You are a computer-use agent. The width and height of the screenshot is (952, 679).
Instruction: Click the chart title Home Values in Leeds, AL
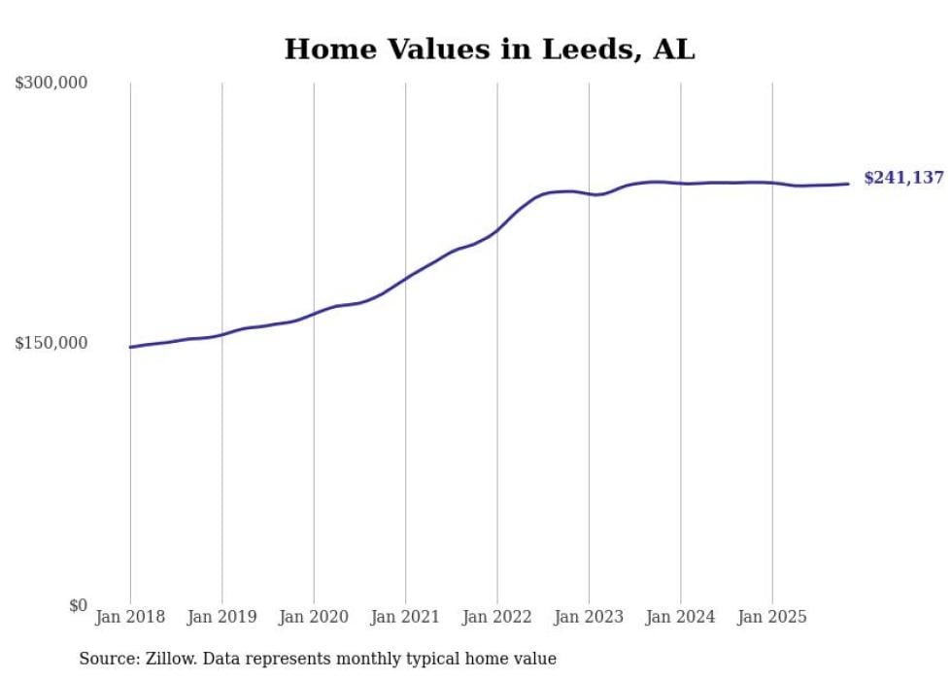coord(489,49)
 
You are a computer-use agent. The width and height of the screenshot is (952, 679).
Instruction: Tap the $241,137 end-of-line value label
coord(902,178)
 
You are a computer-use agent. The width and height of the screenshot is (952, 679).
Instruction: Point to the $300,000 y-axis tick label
coord(51,84)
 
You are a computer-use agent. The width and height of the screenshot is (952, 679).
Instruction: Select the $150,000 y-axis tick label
coord(51,344)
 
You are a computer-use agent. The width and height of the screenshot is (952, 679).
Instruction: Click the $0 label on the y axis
coord(78,605)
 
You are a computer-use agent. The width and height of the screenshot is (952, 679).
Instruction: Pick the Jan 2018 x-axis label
coord(130,617)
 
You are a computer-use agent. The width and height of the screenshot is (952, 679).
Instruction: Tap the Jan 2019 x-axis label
coord(221,617)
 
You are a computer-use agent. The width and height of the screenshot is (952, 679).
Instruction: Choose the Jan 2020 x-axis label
coord(314,617)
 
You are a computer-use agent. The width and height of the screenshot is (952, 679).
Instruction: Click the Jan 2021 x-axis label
coord(405,617)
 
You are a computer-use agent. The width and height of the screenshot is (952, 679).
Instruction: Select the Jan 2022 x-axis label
coord(497,617)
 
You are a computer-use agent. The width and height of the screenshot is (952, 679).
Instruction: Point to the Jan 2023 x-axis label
coord(589,617)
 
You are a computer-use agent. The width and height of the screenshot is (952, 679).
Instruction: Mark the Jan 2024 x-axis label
coord(681,617)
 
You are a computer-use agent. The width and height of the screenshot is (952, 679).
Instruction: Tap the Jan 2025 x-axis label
coord(772,617)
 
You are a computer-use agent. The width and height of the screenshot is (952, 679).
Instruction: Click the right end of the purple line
coord(848,184)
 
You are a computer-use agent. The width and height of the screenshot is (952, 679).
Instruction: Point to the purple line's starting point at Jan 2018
coord(130,347)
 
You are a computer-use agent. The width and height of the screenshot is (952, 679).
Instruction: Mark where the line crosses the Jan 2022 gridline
coord(497,230)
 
